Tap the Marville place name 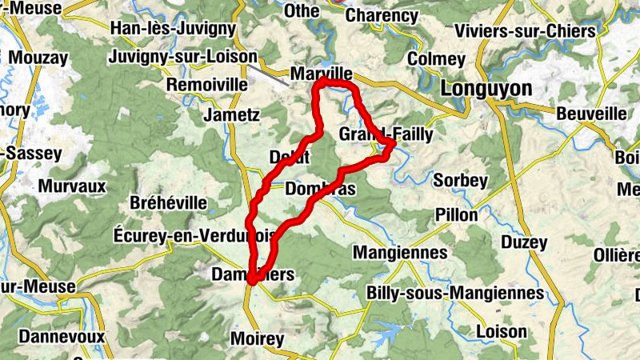(321, 74)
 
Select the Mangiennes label (399, 253)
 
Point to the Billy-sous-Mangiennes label (454, 293)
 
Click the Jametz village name (232, 114)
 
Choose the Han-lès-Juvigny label (176, 29)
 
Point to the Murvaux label (72, 186)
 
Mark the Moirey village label (257, 339)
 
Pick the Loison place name (502, 331)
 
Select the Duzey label (524, 242)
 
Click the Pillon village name (457, 214)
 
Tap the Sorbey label (460, 181)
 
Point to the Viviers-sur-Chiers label (524, 31)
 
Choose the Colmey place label (435, 59)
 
